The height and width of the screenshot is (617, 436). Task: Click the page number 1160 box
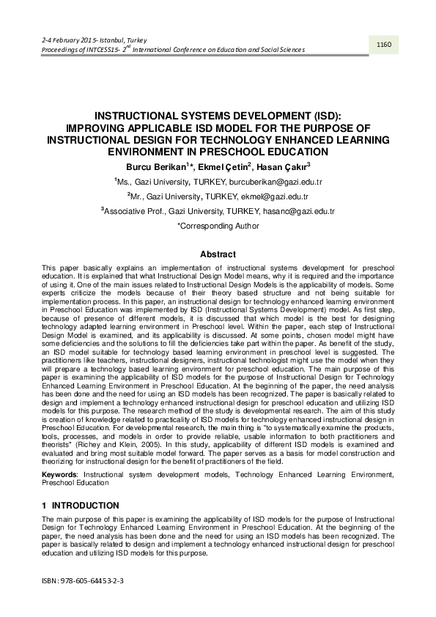click(x=384, y=45)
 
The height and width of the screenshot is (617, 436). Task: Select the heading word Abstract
click(x=218, y=254)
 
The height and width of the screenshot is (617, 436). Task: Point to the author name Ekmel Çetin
click(x=225, y=166)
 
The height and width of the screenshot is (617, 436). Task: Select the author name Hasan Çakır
click(x=284, y=166)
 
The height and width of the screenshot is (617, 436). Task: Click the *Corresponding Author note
click(x=218, y=226)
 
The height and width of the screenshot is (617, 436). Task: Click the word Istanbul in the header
click(x=110, y=39)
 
